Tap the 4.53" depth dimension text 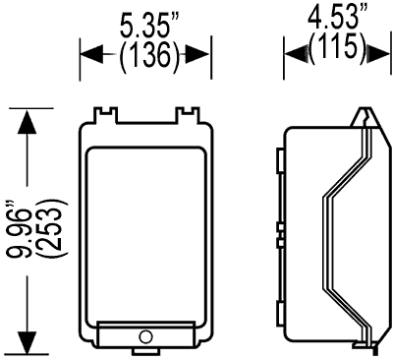tap(337, 15)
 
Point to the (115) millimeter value tap(337, 46)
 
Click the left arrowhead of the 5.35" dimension tap(91, 54)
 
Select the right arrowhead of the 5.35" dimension tap(197, 54)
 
